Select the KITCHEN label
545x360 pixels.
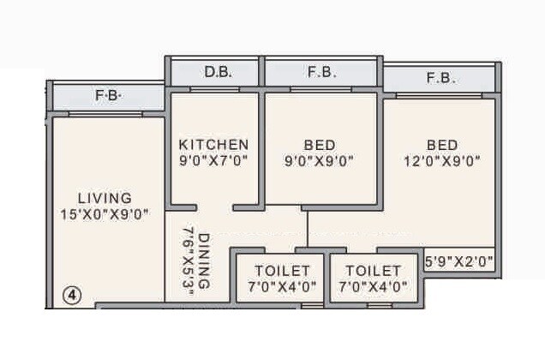(x=213, y=145)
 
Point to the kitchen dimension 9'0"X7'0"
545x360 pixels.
(x=213, y=160)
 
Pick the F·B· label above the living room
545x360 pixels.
(x=109, y=95)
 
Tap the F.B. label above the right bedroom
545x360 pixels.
(x=440, y=78)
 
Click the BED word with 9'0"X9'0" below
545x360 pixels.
(x=320, y=145)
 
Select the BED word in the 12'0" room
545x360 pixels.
(x=442, y=145)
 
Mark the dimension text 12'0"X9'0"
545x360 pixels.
(x=442, y=160)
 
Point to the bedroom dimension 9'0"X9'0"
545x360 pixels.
(x=320, y=160)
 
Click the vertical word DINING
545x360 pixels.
(x=204, y=261)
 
